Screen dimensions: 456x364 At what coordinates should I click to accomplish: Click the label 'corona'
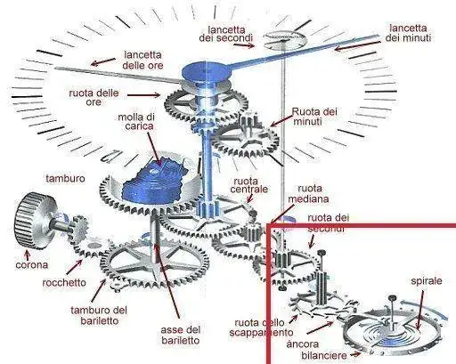32,264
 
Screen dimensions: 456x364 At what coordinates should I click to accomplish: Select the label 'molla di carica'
137,121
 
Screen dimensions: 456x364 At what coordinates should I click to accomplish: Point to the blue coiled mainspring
154,182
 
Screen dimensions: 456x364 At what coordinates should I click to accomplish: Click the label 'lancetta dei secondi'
226,34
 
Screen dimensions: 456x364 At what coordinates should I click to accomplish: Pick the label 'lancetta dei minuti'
408,33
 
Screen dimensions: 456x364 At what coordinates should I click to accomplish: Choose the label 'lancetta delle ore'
143,60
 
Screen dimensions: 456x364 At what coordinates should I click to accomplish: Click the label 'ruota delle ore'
94,97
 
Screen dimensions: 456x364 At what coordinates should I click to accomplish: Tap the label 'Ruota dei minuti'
314,117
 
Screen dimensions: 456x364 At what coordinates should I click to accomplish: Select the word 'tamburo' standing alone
65,179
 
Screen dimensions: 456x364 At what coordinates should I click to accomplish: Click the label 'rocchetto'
64,282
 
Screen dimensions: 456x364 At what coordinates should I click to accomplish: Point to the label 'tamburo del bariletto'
99,315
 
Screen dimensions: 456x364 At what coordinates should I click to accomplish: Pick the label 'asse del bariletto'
181,335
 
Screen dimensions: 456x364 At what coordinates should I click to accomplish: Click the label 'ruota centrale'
248,185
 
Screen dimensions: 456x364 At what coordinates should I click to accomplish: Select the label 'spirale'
427,280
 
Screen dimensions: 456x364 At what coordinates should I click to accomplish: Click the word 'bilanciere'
324,355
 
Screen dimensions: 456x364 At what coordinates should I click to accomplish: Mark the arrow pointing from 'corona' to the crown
28,255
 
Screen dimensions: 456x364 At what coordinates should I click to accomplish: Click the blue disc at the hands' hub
207,72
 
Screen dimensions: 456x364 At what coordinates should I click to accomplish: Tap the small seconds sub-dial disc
284,39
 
